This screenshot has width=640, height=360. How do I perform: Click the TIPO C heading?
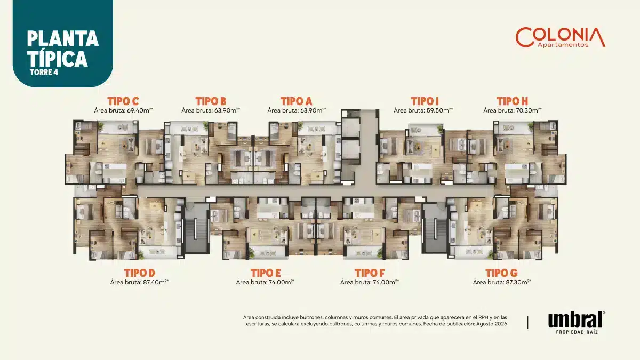pos(123,101)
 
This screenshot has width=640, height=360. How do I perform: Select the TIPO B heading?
pos(211,101)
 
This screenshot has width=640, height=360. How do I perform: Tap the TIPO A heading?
pos(297,101)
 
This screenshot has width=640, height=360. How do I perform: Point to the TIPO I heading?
pos(425,101)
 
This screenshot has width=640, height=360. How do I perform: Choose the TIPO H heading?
pos(513,101)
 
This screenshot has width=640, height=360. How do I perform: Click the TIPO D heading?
pos(139,273)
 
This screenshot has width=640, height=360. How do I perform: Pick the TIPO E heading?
pos(266,273)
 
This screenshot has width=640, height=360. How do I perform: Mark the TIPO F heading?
pos(370,273)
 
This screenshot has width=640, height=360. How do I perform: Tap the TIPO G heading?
pos(502,273)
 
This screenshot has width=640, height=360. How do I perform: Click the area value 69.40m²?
pos(140,110)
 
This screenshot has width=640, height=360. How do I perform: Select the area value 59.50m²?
pos(439,110)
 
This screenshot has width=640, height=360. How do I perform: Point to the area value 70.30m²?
pos(529,110)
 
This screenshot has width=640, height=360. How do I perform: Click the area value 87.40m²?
pos(156,282)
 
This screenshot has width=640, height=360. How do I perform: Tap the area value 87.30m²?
pos(518,282)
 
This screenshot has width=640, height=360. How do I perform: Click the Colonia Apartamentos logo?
pos(561,37)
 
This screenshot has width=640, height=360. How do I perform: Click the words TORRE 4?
pos(44,73)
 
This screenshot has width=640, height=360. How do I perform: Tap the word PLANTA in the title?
pos(63,39)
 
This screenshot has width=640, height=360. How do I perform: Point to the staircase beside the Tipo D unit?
pos(196,228)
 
